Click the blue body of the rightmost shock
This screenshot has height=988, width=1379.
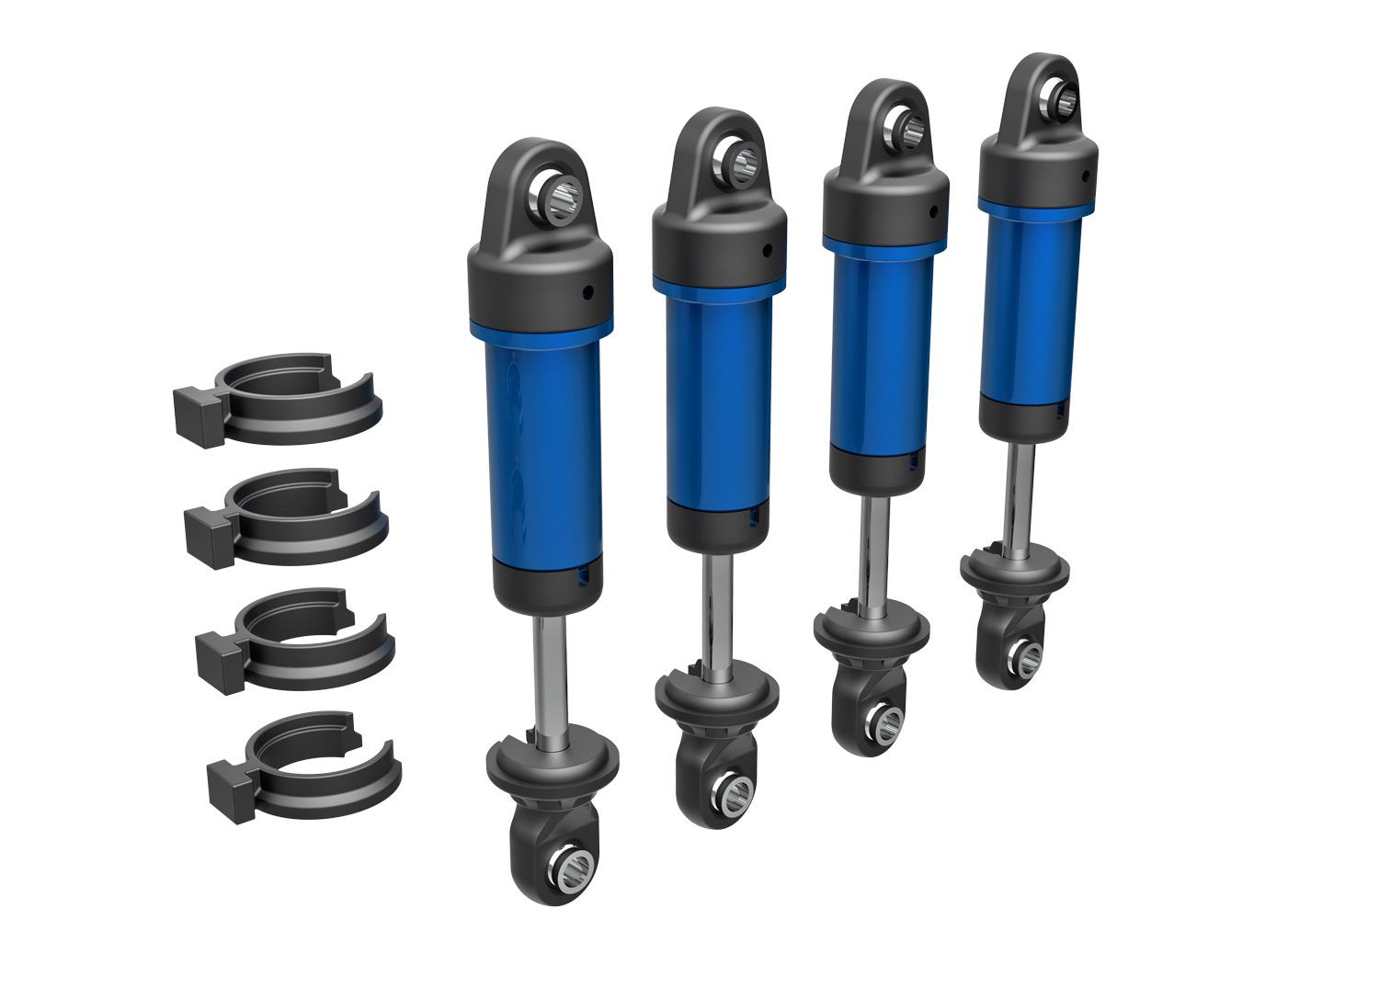point(1030,303)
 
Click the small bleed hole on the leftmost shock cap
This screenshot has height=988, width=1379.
point(587,292)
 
